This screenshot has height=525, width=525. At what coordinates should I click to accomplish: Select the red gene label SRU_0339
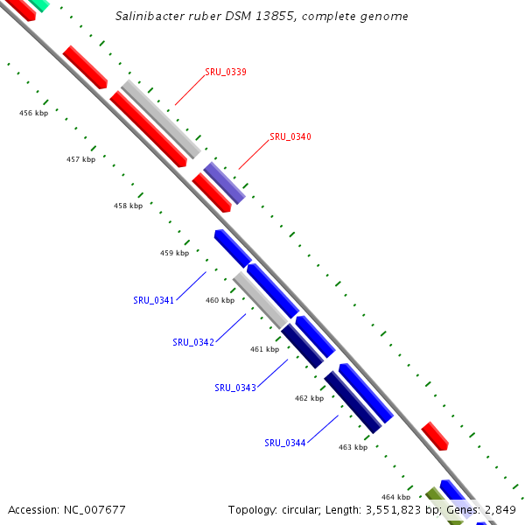point(225,72)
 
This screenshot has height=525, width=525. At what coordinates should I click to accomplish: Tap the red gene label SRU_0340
point(290,136)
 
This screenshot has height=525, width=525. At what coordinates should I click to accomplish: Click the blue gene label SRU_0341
point(153,300)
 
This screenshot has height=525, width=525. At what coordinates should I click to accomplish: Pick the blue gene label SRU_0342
point(193,342)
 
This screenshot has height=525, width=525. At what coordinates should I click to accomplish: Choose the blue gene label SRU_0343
point(235,388)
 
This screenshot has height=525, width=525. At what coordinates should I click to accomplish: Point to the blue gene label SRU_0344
point(285,443)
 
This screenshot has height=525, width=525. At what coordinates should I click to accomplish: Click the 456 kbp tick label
point(33,113)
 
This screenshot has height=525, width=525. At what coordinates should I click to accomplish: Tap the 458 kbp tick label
point(128,206)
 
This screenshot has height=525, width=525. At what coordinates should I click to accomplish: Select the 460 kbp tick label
point(220,300)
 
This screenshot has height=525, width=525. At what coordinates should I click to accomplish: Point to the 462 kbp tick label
point(309,398)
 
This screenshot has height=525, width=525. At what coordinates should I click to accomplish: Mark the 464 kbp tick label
point(395,497)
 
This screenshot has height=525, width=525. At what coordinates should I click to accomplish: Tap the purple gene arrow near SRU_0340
point(225,183)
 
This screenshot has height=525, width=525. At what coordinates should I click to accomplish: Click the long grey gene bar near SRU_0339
point(161,118)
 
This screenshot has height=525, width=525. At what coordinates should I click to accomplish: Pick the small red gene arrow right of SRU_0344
point(435,436)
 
